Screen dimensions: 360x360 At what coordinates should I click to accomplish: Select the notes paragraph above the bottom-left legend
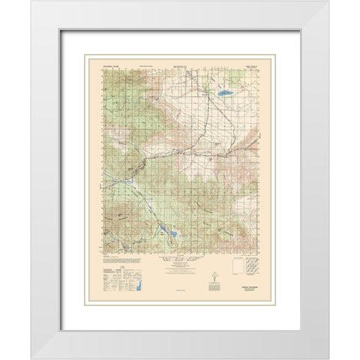(112, 268)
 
